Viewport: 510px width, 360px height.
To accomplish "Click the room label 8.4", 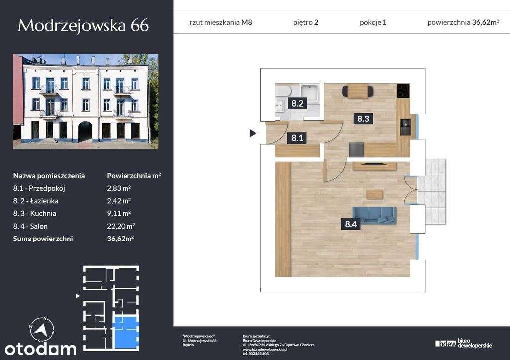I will [351, 224].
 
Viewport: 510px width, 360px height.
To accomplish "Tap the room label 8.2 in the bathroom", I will [297, 104].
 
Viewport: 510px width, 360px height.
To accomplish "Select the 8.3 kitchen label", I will [362, 119].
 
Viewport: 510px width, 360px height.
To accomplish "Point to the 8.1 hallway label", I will [297, 138].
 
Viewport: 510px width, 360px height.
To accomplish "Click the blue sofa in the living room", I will [374, 214].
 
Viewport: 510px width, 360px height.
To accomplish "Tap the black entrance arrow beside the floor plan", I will [253, 133].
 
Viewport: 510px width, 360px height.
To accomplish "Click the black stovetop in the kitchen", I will [403, 91].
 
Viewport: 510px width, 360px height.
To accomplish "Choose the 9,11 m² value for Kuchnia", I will [119, 213].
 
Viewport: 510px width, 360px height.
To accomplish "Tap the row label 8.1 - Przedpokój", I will [39, 188].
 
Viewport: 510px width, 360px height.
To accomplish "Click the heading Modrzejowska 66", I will [83, 25].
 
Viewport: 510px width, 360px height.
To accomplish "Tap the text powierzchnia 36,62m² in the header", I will [463, 22].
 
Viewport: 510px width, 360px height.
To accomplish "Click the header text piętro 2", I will [306, 22].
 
